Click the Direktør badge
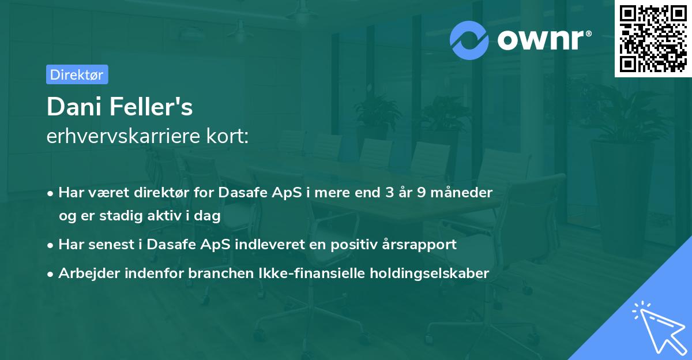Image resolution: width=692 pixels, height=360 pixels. coord(77,74)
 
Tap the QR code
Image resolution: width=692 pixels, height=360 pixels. coord(653,39)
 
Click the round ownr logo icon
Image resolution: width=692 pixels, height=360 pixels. coord(469,40)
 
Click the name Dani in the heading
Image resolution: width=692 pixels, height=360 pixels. coord(72,106)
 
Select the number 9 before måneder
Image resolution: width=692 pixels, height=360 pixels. coord(423,193)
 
